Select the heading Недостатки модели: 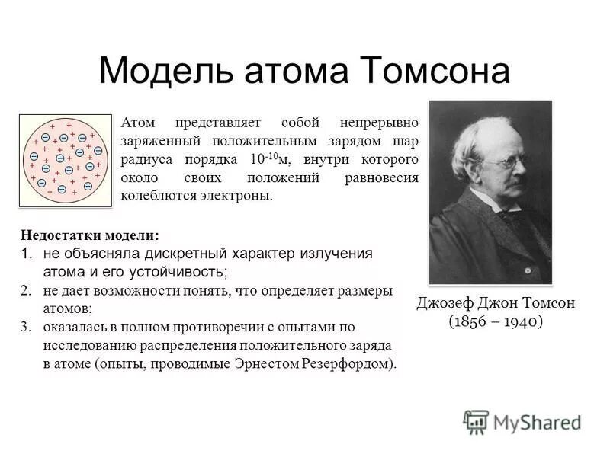(x=89, y=236)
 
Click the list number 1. (x=26, y=254)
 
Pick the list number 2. (x=26, y=290)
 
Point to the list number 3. (x=26, y=327)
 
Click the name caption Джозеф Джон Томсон (x=496, y=303)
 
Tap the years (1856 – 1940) (x=496, y=321)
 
